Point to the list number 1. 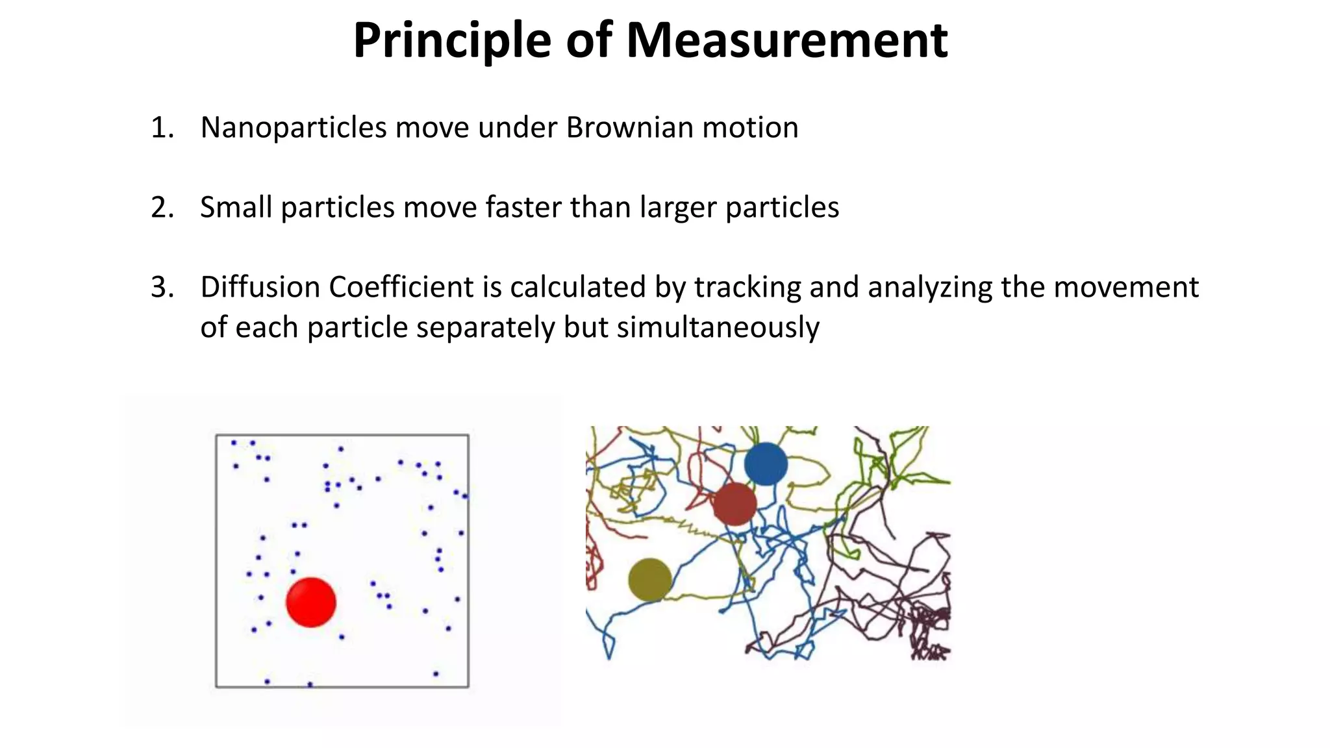(x=162, y=128)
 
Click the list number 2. (x=162, y=208)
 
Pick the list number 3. (x=162, y=288)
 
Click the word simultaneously (x=718, y=327)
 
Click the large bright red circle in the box (x=311, y=603)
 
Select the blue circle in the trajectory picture (x=766, y=464)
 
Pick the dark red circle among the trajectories (x=734, y=504)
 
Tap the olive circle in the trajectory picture (x=649, y=580)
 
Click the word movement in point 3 (x=1125, y=287)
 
